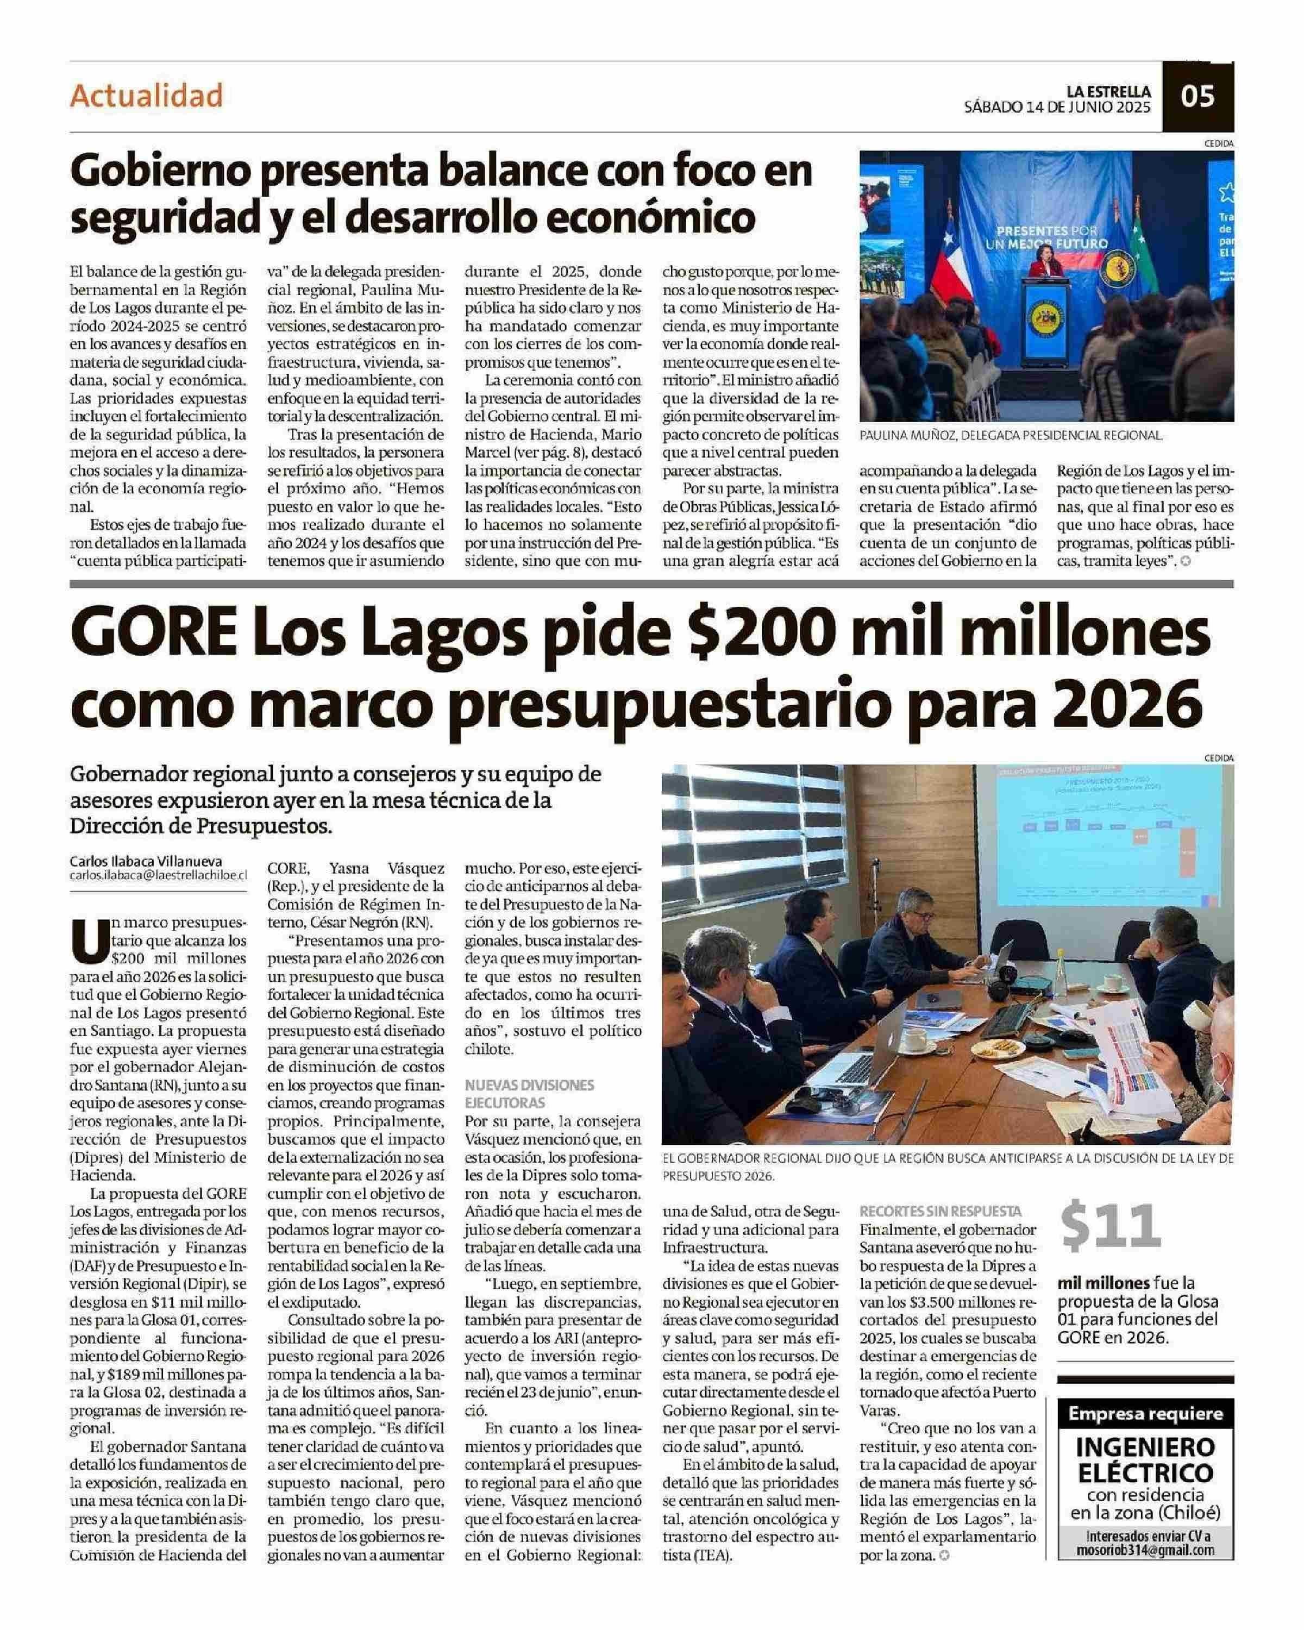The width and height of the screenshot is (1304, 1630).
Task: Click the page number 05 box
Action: tap(1198, 97)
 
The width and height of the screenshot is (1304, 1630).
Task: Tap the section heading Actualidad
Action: tap(147, 96)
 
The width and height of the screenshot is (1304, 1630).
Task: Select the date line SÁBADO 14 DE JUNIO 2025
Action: tap(1057, 108)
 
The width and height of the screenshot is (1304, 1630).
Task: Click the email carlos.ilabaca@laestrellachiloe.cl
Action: tap(159, 875)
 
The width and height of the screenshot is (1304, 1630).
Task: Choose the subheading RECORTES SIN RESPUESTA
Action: tap(941, 1211)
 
